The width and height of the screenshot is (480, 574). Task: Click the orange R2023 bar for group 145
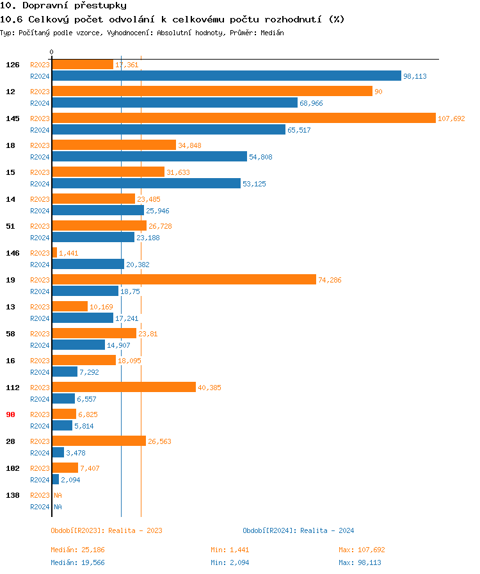(243, 119)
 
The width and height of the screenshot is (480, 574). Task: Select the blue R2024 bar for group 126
(226, 76)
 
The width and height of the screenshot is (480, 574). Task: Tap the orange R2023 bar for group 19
(184, 280)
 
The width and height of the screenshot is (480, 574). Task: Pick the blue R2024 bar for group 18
(149, 157)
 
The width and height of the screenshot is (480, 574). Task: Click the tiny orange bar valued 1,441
(54, 253)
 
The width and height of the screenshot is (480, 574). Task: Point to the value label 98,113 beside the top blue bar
(415, 76)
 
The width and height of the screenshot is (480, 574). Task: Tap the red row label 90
(11, 414)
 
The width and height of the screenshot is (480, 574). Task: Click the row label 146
(13, 253)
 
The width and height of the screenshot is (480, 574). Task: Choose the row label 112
(13, 388)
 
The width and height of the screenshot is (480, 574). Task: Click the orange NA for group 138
(58, 495)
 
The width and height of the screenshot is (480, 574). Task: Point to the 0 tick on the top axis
(52, 53)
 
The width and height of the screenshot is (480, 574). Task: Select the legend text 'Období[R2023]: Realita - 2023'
(106, 530)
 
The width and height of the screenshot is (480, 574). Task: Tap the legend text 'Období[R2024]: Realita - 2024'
(298, 530)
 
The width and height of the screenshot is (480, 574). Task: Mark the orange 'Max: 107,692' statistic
(362, 550)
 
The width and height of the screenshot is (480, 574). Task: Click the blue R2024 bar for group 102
(56, 480)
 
